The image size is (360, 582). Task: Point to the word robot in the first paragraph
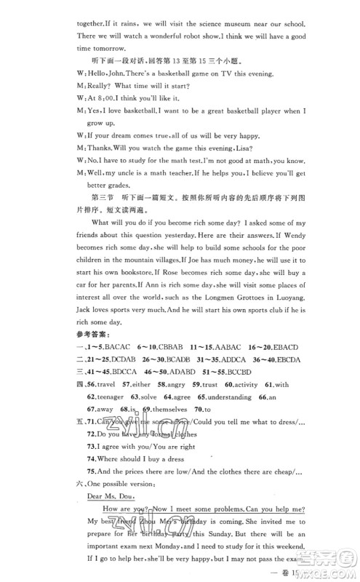[188, 26]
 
